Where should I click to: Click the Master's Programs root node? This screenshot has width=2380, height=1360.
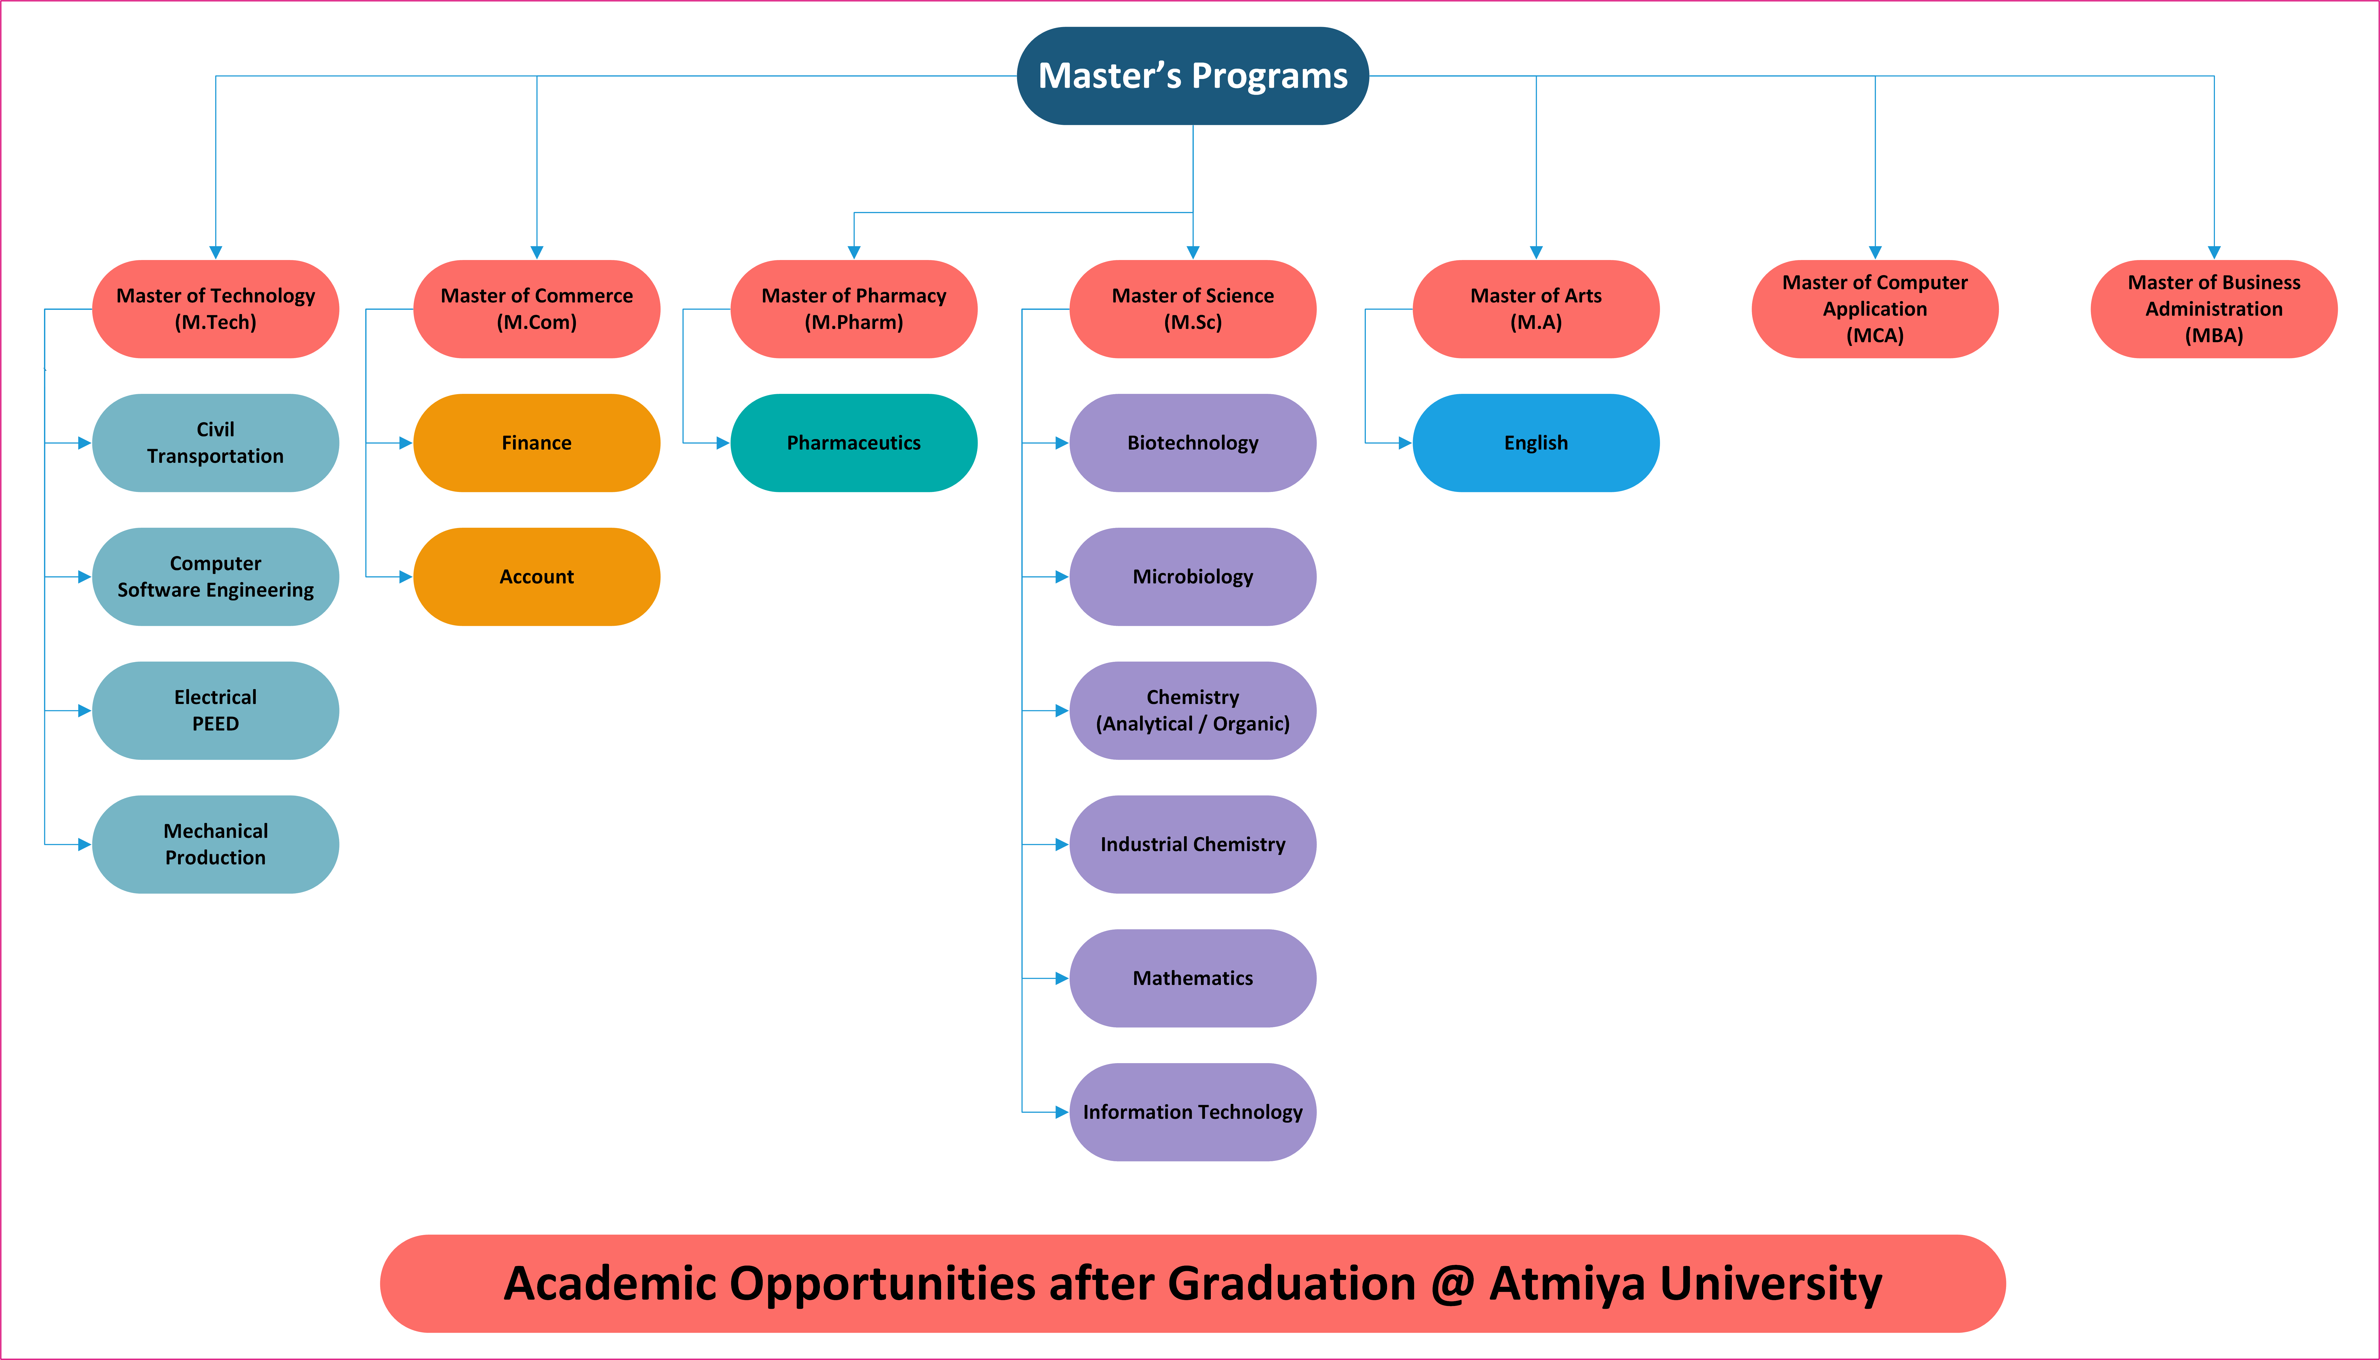1192,76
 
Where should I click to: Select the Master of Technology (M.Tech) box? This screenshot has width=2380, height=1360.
216,309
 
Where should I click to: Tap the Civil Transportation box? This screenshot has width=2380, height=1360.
216,443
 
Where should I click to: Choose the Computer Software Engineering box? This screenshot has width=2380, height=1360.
216,576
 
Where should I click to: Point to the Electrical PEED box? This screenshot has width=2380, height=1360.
216,711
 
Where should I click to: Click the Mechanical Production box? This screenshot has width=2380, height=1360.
216,844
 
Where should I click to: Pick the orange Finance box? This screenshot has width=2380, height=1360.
537,443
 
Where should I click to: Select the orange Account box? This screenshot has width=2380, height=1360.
537,576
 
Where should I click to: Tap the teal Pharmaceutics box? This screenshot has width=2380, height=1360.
854,443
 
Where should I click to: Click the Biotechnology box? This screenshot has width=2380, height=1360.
1192,443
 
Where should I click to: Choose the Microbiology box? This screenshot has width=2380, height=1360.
1192,576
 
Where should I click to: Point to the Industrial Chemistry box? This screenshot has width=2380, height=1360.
1192,844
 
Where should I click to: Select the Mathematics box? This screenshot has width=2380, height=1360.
1192,978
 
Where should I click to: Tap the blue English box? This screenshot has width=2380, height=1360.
1536,443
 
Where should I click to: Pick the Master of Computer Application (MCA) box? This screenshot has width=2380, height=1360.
1875,309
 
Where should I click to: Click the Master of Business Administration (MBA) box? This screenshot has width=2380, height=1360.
2214,309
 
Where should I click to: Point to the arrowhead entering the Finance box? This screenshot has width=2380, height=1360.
406,443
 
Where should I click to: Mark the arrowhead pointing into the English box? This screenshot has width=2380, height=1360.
1405,443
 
